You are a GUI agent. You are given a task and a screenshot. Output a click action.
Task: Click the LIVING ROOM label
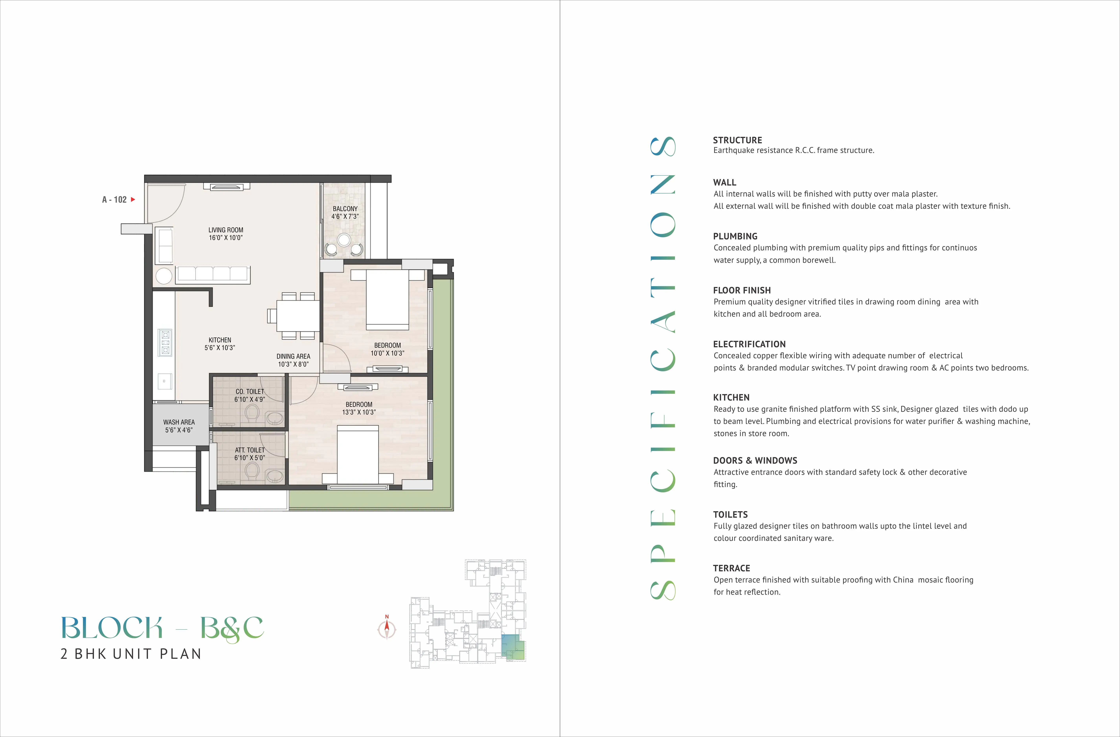pos(226,230)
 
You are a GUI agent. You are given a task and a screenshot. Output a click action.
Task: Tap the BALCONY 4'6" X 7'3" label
pos(345,212)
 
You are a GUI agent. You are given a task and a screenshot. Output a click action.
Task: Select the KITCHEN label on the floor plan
pos(220,340)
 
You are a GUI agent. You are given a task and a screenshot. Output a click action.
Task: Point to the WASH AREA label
pos(179,422)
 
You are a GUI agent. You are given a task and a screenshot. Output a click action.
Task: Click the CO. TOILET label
pos(250,391)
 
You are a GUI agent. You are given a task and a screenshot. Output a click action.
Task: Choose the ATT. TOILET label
pos(250,450)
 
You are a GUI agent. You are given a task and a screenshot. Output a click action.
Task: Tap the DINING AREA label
pos(293,356)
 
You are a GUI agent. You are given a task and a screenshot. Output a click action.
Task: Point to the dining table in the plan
pos(298,315)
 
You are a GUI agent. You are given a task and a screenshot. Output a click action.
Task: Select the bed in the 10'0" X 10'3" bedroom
pos(387,299)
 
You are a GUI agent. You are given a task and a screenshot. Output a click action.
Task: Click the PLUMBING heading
pos(735,236)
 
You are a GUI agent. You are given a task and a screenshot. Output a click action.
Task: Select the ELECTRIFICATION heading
pos(749,344)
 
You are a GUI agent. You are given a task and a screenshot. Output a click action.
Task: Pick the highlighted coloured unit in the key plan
pos(513,647)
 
